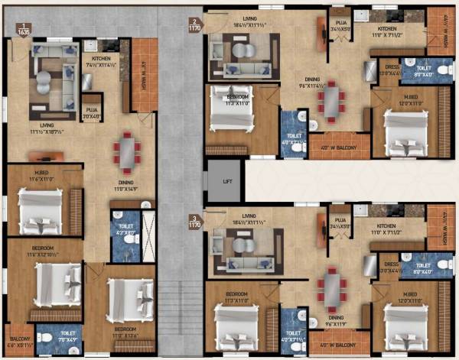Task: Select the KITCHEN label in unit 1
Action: tap(102, 58)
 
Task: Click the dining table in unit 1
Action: tap(126, 151)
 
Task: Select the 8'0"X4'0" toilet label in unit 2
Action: tap(422, 73)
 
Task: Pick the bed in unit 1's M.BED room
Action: tap(41, 211)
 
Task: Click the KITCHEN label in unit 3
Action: tap(387, 226)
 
